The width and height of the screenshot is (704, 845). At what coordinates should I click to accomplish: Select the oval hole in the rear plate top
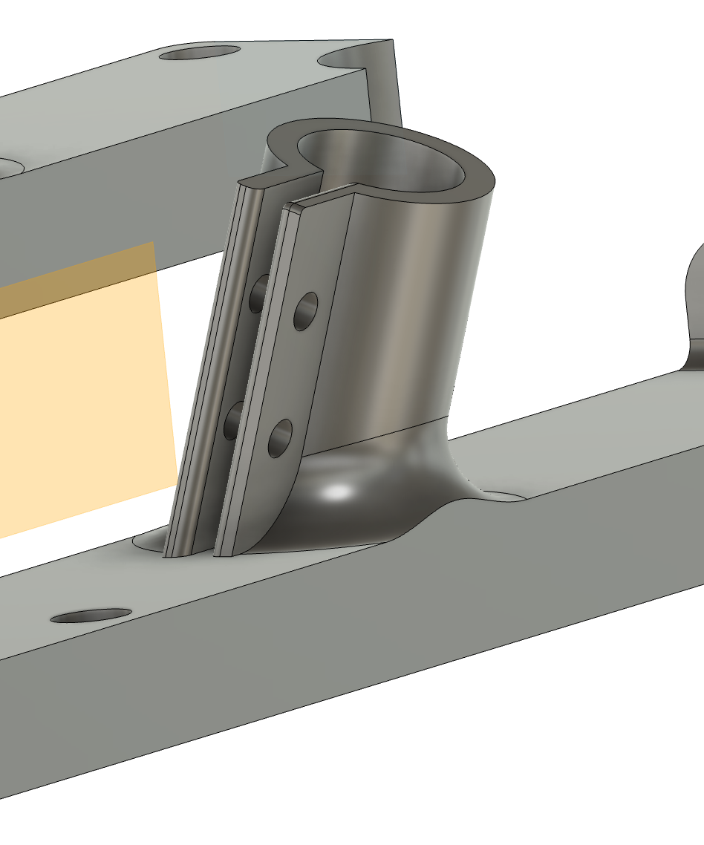(200, 53)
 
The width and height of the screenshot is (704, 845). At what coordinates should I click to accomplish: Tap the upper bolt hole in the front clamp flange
(305, 311)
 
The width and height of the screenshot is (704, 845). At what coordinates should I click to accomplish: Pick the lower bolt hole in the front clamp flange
(280, 438)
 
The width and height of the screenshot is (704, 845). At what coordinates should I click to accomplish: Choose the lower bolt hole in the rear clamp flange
(233, 420)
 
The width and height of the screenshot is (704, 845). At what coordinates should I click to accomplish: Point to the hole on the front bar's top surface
(91, 616)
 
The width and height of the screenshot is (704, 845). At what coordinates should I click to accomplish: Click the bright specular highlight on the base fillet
(338, 491)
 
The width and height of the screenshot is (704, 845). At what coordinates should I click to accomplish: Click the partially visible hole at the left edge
(6, 167)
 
